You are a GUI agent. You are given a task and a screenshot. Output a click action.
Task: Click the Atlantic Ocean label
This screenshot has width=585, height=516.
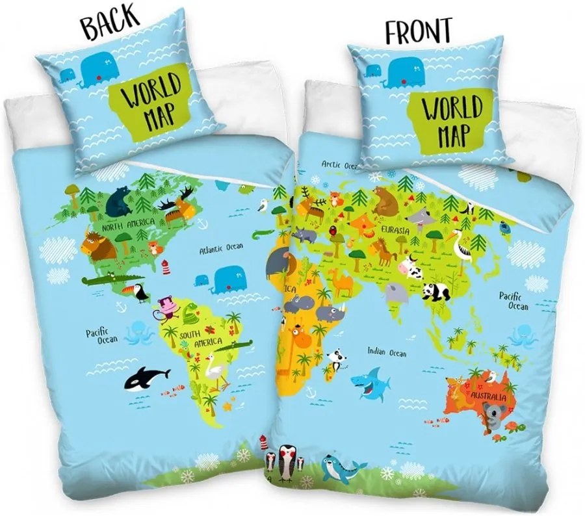click(x=221, y=247)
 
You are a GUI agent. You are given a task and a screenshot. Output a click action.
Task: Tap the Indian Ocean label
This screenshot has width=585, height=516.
click(x=386, y=352)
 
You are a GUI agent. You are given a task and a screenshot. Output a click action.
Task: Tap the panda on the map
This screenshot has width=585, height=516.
click(x=436, y=292)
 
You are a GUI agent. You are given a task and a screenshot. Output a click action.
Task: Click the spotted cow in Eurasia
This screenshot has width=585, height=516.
click(x=411, y=266)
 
